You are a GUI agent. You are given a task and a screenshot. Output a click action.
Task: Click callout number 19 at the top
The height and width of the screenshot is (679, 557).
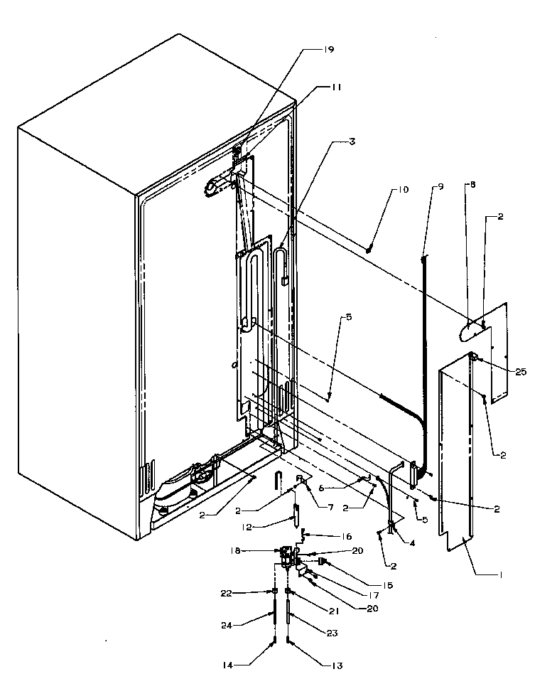tap(329, 50)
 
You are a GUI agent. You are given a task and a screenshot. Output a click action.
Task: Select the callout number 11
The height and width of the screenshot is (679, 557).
tap(335, 87)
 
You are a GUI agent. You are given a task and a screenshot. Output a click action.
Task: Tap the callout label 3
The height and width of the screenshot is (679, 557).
tap(351, 141)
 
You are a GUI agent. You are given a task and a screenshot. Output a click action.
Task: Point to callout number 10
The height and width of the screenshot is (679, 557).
tap(403, 190)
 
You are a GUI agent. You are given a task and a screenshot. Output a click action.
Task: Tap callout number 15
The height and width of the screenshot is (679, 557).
tap(386, 586)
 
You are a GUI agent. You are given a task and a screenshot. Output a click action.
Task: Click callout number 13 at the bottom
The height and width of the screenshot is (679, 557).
tap(336, 665)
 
